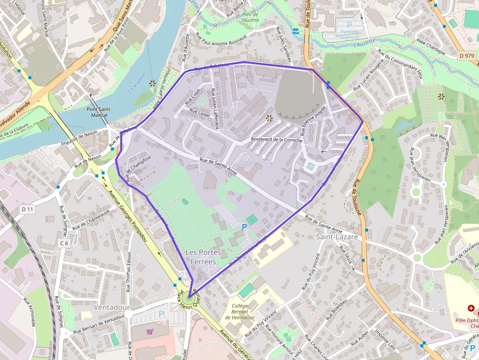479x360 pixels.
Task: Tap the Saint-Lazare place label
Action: [x=337, y=237]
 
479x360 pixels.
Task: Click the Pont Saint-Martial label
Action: [x=100, y=112]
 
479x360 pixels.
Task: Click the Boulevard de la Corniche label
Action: [x=277, y=140]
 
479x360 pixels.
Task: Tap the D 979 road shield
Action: [x=467, y=56]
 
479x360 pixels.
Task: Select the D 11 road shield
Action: [x=28, y=209]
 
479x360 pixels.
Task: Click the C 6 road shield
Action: [x=65, y=243]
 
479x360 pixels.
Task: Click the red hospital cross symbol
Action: [x=471, y=308]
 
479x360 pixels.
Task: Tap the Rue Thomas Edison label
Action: [x=130, y=272]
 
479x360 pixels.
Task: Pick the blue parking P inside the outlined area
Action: [x=244, y=227]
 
